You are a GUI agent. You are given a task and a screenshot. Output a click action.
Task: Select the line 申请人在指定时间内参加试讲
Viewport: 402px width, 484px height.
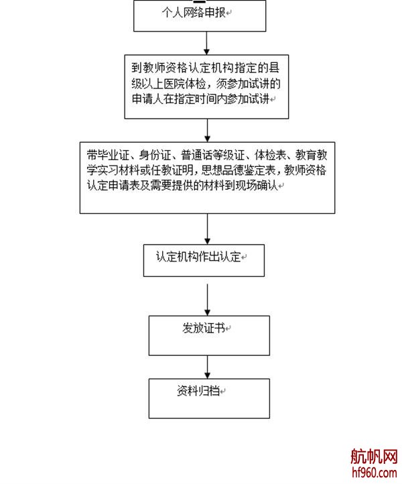[199, 99]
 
